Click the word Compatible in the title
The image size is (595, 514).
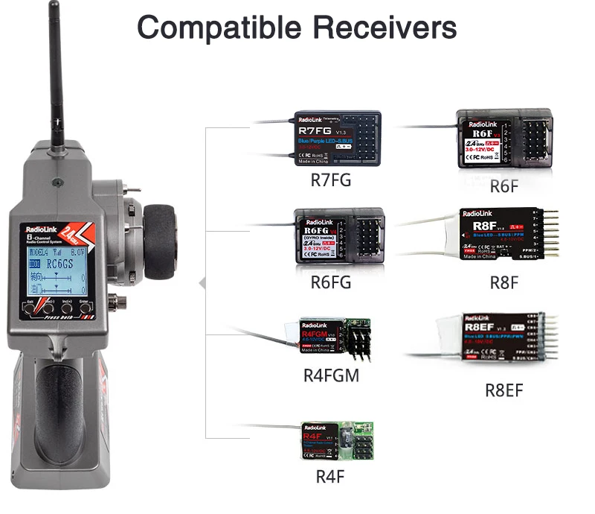(x=219, y=28)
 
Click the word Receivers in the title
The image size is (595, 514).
(x=385, y=28)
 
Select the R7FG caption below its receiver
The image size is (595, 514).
(x=331, y=180)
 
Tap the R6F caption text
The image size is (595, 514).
(x=504, y=186)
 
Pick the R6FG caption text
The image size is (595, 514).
(x=330, y=282)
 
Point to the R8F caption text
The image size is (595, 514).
(x=504, y=282)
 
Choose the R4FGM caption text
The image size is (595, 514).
(x=331, y=375)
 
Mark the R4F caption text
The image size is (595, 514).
(x=330, y=477)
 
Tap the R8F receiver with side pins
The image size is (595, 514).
(x=498, y=234)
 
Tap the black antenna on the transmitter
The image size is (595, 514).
(x=54, y=67)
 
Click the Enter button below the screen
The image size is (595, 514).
(x=83, y=305)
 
